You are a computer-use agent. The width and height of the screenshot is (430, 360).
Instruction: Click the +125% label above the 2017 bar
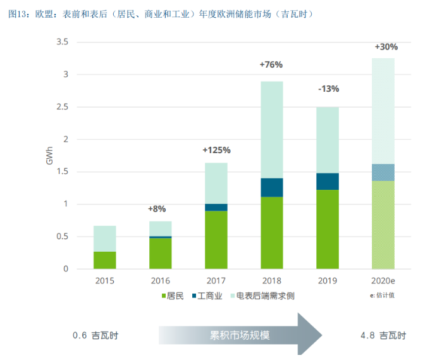(216, 150)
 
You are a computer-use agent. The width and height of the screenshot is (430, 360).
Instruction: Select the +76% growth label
(271, 65)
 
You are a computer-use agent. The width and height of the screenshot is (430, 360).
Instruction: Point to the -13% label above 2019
(328, 89)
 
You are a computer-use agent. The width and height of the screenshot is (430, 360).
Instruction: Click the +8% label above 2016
(160, 209)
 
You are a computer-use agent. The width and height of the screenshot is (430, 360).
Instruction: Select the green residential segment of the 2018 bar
(271, 232)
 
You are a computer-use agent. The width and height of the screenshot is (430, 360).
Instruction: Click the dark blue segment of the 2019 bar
(328, 182)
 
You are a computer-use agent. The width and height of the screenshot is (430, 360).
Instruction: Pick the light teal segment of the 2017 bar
(216, 183)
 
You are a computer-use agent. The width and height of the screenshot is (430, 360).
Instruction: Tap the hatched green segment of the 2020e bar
(384, 225)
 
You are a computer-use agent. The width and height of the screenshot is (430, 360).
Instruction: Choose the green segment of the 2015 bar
(104, 260)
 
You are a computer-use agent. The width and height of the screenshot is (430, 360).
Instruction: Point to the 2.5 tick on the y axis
(61, 108)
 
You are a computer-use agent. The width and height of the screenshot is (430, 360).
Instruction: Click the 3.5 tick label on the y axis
(61, 42)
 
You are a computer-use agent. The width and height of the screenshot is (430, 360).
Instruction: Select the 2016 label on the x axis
(160, 280)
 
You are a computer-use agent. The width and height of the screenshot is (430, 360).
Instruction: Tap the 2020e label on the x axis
(384, 280)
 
